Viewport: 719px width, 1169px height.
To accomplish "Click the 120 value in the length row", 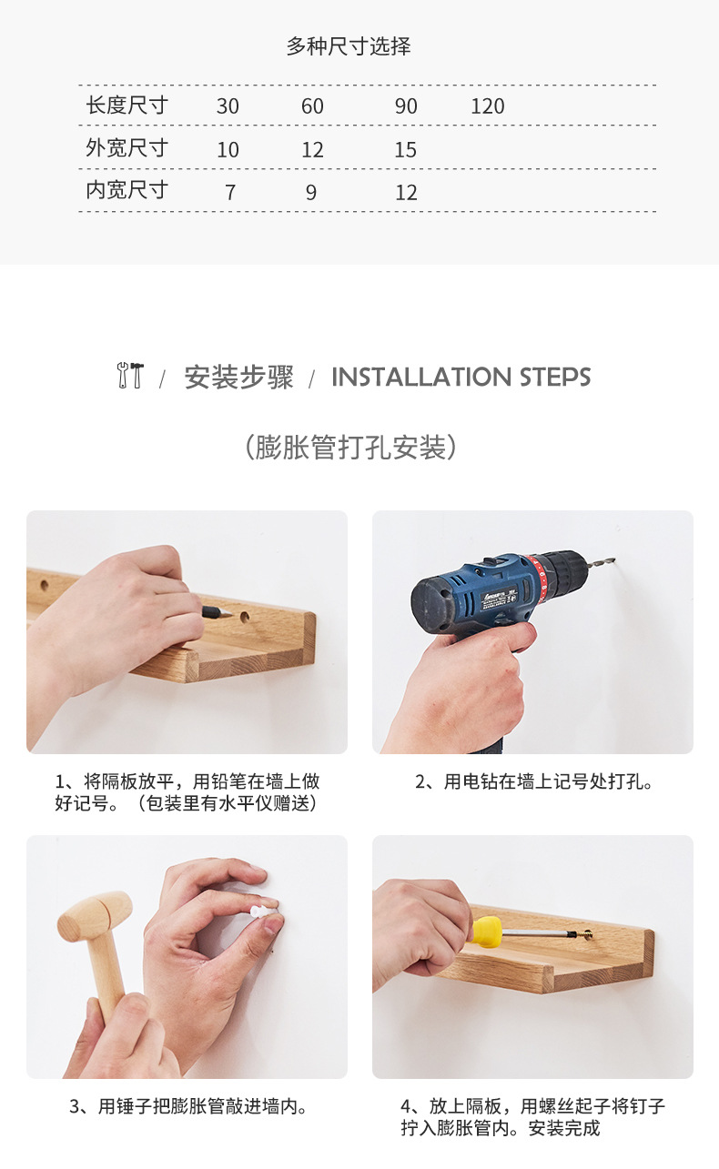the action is tap(488, 106).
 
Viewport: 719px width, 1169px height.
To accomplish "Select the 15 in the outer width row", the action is tap(406, 150).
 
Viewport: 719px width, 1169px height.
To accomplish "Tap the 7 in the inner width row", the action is tap(229, 193).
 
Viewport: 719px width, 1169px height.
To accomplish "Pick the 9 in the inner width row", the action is tap(311, 193).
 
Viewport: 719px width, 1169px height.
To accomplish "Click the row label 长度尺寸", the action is tap(127, 106).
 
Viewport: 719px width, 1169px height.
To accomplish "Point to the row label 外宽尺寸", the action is tap(127, 148).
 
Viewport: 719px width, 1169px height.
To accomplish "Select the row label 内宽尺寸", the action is tap(127, 190).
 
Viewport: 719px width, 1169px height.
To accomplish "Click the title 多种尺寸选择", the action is tap(349, 46).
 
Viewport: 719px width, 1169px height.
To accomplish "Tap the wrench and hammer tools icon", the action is tap(130, 375).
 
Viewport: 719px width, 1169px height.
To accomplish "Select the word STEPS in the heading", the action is tap(555, 377).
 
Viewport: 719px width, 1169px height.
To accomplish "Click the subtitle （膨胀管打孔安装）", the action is tap(350, 448).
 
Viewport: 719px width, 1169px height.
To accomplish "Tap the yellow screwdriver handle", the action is tap(487, 932).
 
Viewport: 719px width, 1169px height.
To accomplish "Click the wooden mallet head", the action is tap(95, 912).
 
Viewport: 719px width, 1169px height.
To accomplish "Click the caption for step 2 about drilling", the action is tap(533, 782).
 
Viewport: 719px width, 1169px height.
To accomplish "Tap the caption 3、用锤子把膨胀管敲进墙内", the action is tap(188, 1106).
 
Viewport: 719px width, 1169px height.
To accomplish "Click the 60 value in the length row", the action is tap(312, 106).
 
